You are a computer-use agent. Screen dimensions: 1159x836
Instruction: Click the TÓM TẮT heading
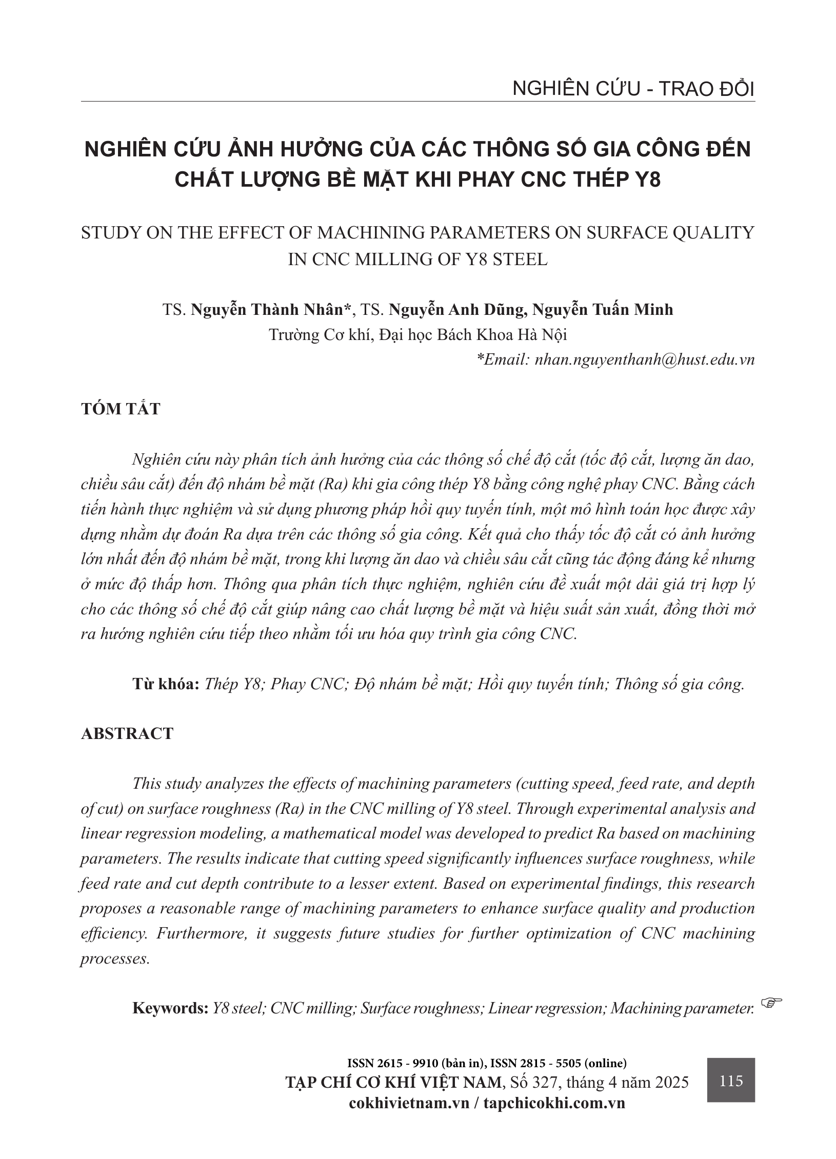[x=121, y=409]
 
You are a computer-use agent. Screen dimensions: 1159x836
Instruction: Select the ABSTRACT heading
[x=127, y=733]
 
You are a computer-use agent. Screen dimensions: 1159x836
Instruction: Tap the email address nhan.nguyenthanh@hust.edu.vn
[x=644, y=359]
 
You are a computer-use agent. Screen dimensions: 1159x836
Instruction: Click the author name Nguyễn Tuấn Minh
[x=603, y=310]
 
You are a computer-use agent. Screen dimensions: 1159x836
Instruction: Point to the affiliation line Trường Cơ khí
[x=418, y=335]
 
